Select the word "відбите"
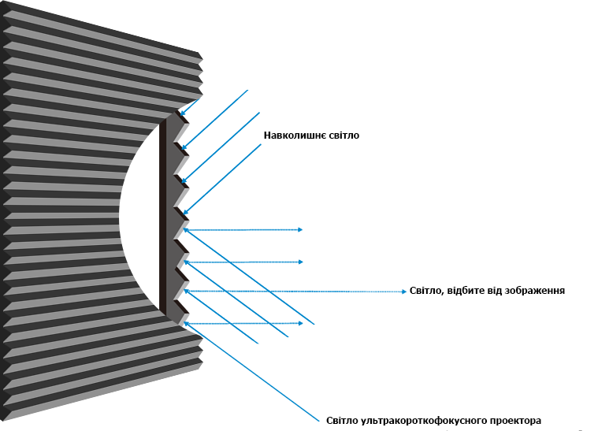click(467, 290)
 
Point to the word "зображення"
click(536, 290)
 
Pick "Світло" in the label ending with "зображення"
click(427, 290)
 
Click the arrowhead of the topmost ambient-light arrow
click(182, 121)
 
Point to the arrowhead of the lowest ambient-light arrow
click(185, 213)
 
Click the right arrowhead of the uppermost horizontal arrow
click(300, 230)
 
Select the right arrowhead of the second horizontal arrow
click(300, 261)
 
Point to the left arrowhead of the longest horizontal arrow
click(186, 292)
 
